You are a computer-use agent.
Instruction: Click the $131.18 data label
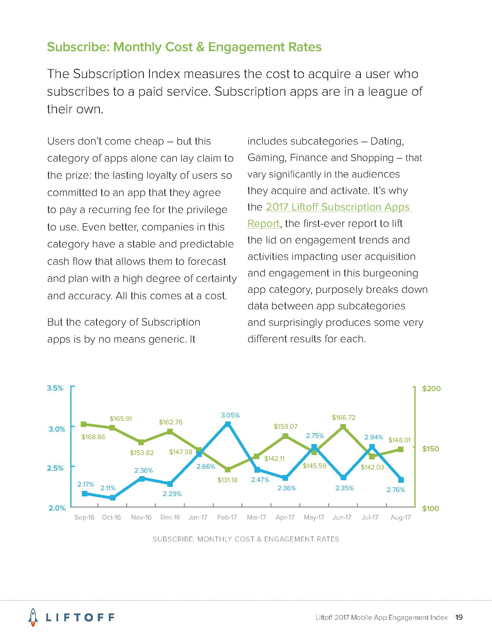click(227, 480)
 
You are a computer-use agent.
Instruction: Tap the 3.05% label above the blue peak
click(230, 415)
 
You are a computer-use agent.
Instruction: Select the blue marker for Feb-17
click(228, 424)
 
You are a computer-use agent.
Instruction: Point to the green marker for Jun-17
click(343, 427)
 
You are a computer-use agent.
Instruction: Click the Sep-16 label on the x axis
click(84, 517)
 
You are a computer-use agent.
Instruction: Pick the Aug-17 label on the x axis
click(401, 517)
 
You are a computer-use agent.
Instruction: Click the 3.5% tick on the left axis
click(55, 388)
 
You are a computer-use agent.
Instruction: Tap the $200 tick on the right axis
click(432, 389)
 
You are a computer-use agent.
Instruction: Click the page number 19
click(459, 617)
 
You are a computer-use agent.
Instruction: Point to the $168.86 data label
click(93, 437)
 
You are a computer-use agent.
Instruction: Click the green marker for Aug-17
click(401, 450)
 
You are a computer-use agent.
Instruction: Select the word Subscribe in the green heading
click(78, 47)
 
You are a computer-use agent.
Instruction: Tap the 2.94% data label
click(373, 437)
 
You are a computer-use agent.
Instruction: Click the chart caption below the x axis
click(246, 539)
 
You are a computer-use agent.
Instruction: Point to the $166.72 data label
click(344, 418)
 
